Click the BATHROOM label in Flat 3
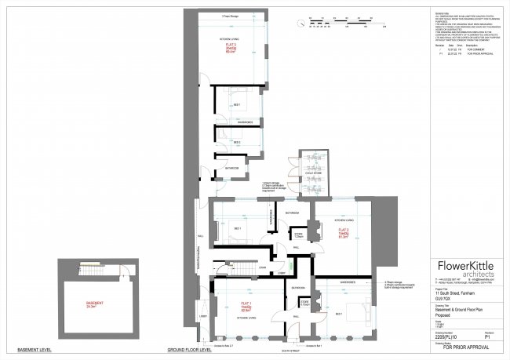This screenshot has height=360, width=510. [x=232, y=168]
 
